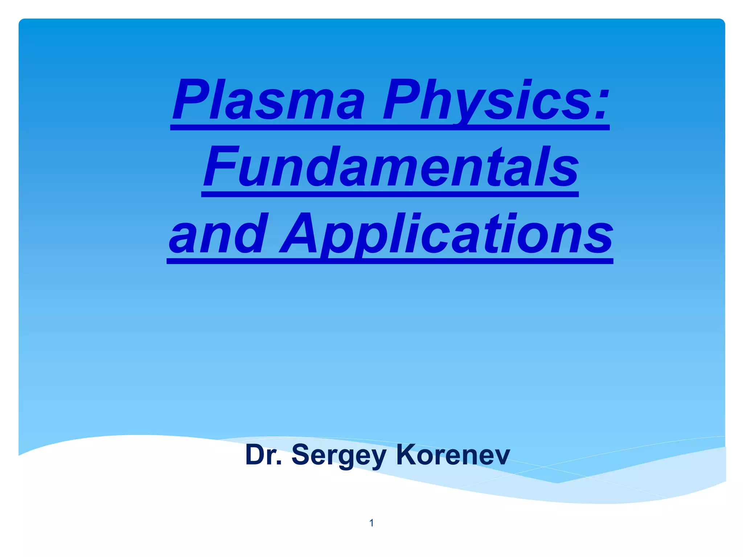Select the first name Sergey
(339, 455)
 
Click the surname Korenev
(453, 455)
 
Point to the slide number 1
(371, 523)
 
